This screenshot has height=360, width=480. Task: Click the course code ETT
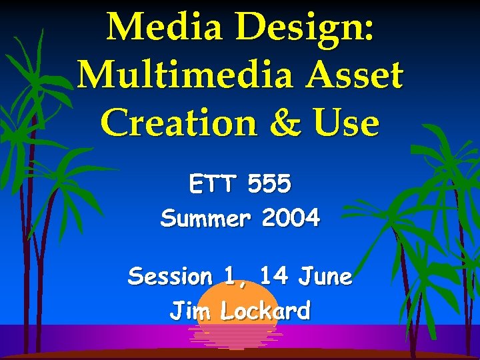click(x=213, y=184)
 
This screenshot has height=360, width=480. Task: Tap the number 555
click(x=269, y=184)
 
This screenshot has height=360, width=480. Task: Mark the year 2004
click(x=291, y=218)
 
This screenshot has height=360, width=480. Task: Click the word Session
click(x=170, y=276)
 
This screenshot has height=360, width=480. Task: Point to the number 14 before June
click(x=274, y=276)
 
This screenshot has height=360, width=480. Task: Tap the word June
click(x=325, y=276)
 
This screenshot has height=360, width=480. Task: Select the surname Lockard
click(x=265, y=311)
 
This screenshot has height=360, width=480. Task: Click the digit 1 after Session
click(x=230, y=276)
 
